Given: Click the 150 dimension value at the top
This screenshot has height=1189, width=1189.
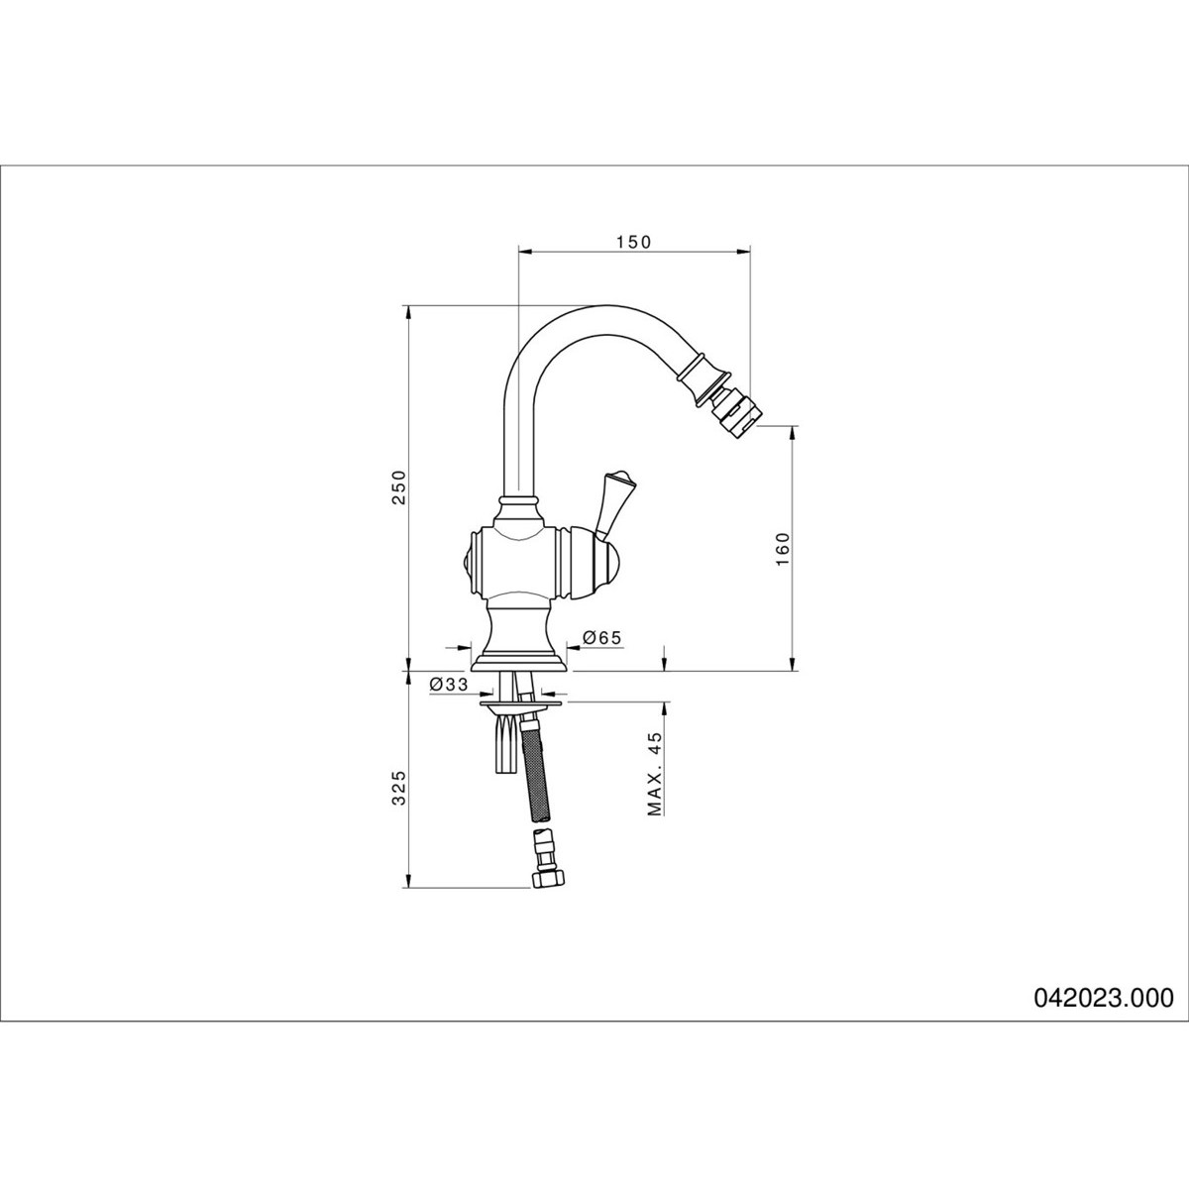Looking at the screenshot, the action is pyautogui.click(x=633, y=242).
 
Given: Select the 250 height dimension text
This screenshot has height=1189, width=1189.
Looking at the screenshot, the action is pyautogui.click(x=399, y=487).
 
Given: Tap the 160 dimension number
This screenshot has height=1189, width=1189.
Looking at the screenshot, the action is pyautogui.click(x=782, y=549).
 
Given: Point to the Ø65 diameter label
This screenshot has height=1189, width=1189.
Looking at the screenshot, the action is pyautogui.click(x=600, y=638).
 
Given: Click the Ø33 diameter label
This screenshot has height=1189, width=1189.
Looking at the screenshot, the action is pyautogui.click(x=449, y=685).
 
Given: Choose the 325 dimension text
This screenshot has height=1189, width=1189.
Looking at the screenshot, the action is pyautogui.click(x=399, y=788).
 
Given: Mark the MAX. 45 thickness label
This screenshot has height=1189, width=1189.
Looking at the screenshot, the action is pyautogui.click(x=654, y=775).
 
